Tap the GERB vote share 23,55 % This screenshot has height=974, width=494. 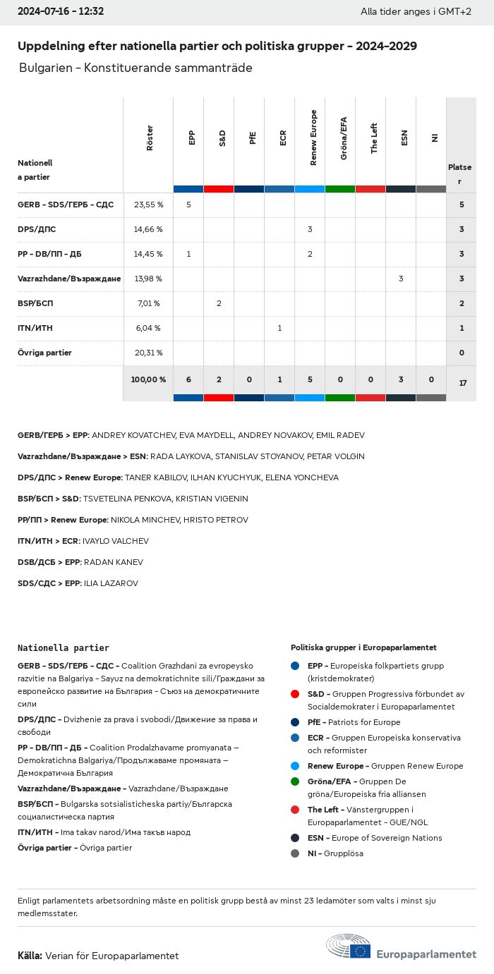pos(148,205)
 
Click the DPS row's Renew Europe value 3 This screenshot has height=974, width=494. pos(310,229)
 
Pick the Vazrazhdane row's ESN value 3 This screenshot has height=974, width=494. pos(401,279)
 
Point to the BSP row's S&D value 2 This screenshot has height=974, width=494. pos(219,303)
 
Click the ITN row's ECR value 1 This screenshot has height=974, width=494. pos(279,328)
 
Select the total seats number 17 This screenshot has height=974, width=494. pos(463,383)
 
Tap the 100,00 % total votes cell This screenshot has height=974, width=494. pos(148,379)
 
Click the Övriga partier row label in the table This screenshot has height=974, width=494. pos(44,353)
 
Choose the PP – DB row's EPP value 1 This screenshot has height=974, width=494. pos(188,254)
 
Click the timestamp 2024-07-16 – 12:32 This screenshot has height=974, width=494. pos(61,11)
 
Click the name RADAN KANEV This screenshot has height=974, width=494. pos(113,562)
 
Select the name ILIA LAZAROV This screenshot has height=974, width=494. pos(111,583)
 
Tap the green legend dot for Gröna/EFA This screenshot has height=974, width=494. pos(294,781)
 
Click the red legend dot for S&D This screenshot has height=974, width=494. pos(294,694)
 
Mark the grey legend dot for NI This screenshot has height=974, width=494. pos(294,853)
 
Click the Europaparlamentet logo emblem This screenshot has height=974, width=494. pos(349,947)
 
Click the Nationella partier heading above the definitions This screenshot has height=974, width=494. pos(64,647)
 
